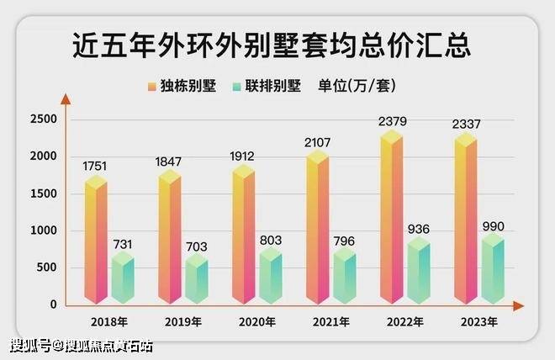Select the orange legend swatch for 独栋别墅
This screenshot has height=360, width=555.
pos(152,86)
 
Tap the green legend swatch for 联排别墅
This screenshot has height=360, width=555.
pos(237,86)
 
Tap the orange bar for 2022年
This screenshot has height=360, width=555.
pos(392,219)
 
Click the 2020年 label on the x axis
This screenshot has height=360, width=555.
pos(257,322)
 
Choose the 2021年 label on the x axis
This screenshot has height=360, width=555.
pos(331,322)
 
